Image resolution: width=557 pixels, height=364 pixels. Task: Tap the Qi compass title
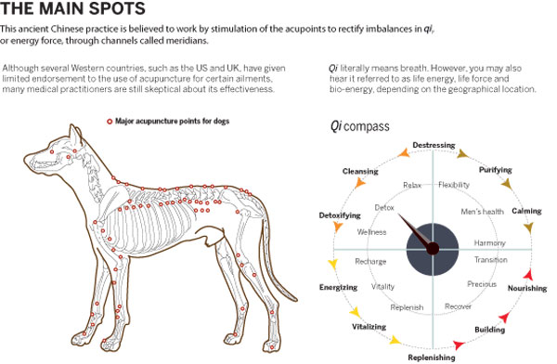coord(359,125)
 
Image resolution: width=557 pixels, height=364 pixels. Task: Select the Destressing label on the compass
coord(434,146)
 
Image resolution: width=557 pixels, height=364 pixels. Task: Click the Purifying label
coord(495,171)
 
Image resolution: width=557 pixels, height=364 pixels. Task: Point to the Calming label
coord(526,211)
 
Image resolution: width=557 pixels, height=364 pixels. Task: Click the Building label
coord(489,329)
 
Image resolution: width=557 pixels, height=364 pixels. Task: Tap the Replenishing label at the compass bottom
coord(432,357)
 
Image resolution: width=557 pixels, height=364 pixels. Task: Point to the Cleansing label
coord(359,172)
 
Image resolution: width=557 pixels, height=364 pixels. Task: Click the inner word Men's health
coord(482,212)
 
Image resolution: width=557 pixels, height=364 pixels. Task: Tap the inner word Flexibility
coord(453,185)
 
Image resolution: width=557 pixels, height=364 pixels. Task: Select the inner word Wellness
coord(371,232)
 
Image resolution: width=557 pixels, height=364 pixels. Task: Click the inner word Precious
coord(481,284)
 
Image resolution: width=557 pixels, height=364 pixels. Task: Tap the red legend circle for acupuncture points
coord(110,121)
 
